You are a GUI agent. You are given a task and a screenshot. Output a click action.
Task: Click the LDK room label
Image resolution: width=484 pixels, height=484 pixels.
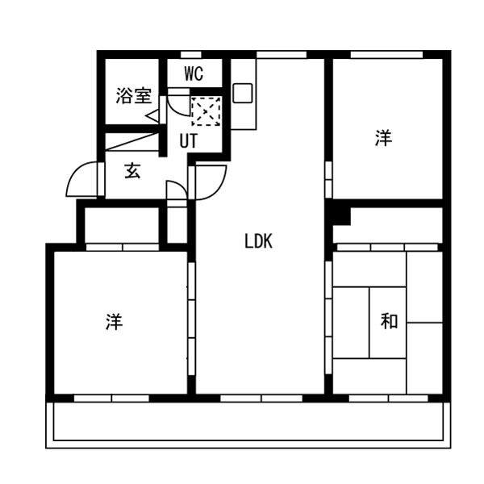258,241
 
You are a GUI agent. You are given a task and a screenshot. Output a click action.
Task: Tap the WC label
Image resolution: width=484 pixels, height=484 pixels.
194,73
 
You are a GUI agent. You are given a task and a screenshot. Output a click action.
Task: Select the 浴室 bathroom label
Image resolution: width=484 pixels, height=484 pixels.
134,95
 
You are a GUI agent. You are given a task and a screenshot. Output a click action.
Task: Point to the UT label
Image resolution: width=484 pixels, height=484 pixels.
188,140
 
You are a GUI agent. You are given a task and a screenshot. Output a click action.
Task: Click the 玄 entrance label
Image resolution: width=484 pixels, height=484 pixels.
132,171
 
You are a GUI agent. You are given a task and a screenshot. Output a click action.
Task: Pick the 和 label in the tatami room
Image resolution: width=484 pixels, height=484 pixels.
389,321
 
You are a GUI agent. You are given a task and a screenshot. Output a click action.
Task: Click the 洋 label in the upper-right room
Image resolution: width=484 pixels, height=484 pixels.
383,138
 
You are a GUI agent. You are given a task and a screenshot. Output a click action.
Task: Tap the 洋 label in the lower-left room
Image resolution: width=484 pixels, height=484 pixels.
115,321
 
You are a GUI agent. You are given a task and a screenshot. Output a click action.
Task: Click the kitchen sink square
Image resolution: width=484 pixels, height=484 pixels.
243,93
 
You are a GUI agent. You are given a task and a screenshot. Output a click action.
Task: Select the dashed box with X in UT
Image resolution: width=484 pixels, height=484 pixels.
207,111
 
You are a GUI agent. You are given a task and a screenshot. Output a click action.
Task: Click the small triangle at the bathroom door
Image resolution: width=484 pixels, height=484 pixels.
152,117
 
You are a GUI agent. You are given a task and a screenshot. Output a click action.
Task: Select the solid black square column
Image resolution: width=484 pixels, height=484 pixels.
341,216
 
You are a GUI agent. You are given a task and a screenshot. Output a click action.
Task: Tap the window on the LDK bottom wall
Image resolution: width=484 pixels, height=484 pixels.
261,398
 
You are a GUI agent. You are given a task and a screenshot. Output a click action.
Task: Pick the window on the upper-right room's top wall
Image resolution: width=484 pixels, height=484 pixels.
386,55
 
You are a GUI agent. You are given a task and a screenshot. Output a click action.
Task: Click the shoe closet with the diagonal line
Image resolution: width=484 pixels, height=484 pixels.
131,142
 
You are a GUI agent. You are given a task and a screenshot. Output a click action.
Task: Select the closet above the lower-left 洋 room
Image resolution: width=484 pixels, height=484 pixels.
122,225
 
